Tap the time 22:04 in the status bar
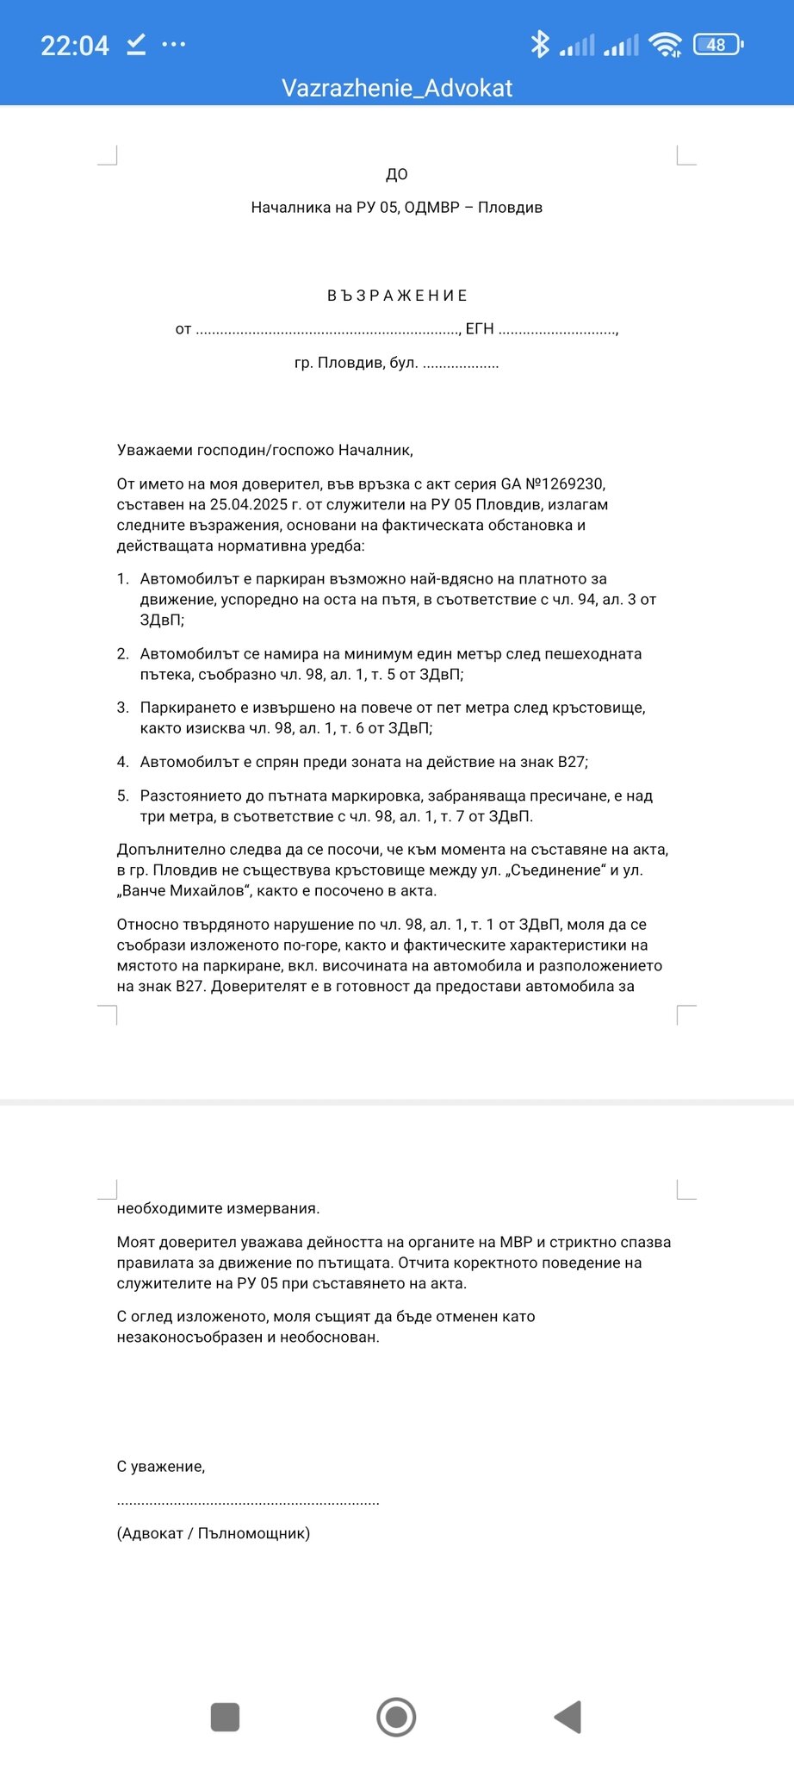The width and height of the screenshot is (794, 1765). pos(75,45)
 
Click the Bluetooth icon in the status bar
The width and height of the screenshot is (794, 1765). pos(540,44)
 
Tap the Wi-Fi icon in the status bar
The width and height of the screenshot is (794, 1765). pos(665,44)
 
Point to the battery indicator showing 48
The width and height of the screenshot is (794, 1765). pos(717,44)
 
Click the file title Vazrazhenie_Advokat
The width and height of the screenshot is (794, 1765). pos(397,88)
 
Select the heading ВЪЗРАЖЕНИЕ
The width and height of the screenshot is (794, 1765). pos(397,296)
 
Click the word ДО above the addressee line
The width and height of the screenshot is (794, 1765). pos(397,174)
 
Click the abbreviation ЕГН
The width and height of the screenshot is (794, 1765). pos(480,328)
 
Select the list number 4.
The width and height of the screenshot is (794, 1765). pos(122,762)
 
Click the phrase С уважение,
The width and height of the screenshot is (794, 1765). pos(161,1466)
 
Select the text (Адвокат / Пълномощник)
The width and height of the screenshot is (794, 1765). pos(214,1533)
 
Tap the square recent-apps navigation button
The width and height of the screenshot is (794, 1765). pos(225,1717)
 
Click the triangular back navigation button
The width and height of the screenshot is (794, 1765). pos(568,1717)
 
